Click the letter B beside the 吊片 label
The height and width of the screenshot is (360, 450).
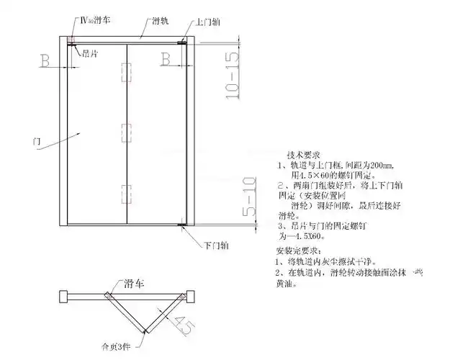pyautogui.click(x=45, y=60)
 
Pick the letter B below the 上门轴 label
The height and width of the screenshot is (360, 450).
pyautogui.click(x=165, y=57)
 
